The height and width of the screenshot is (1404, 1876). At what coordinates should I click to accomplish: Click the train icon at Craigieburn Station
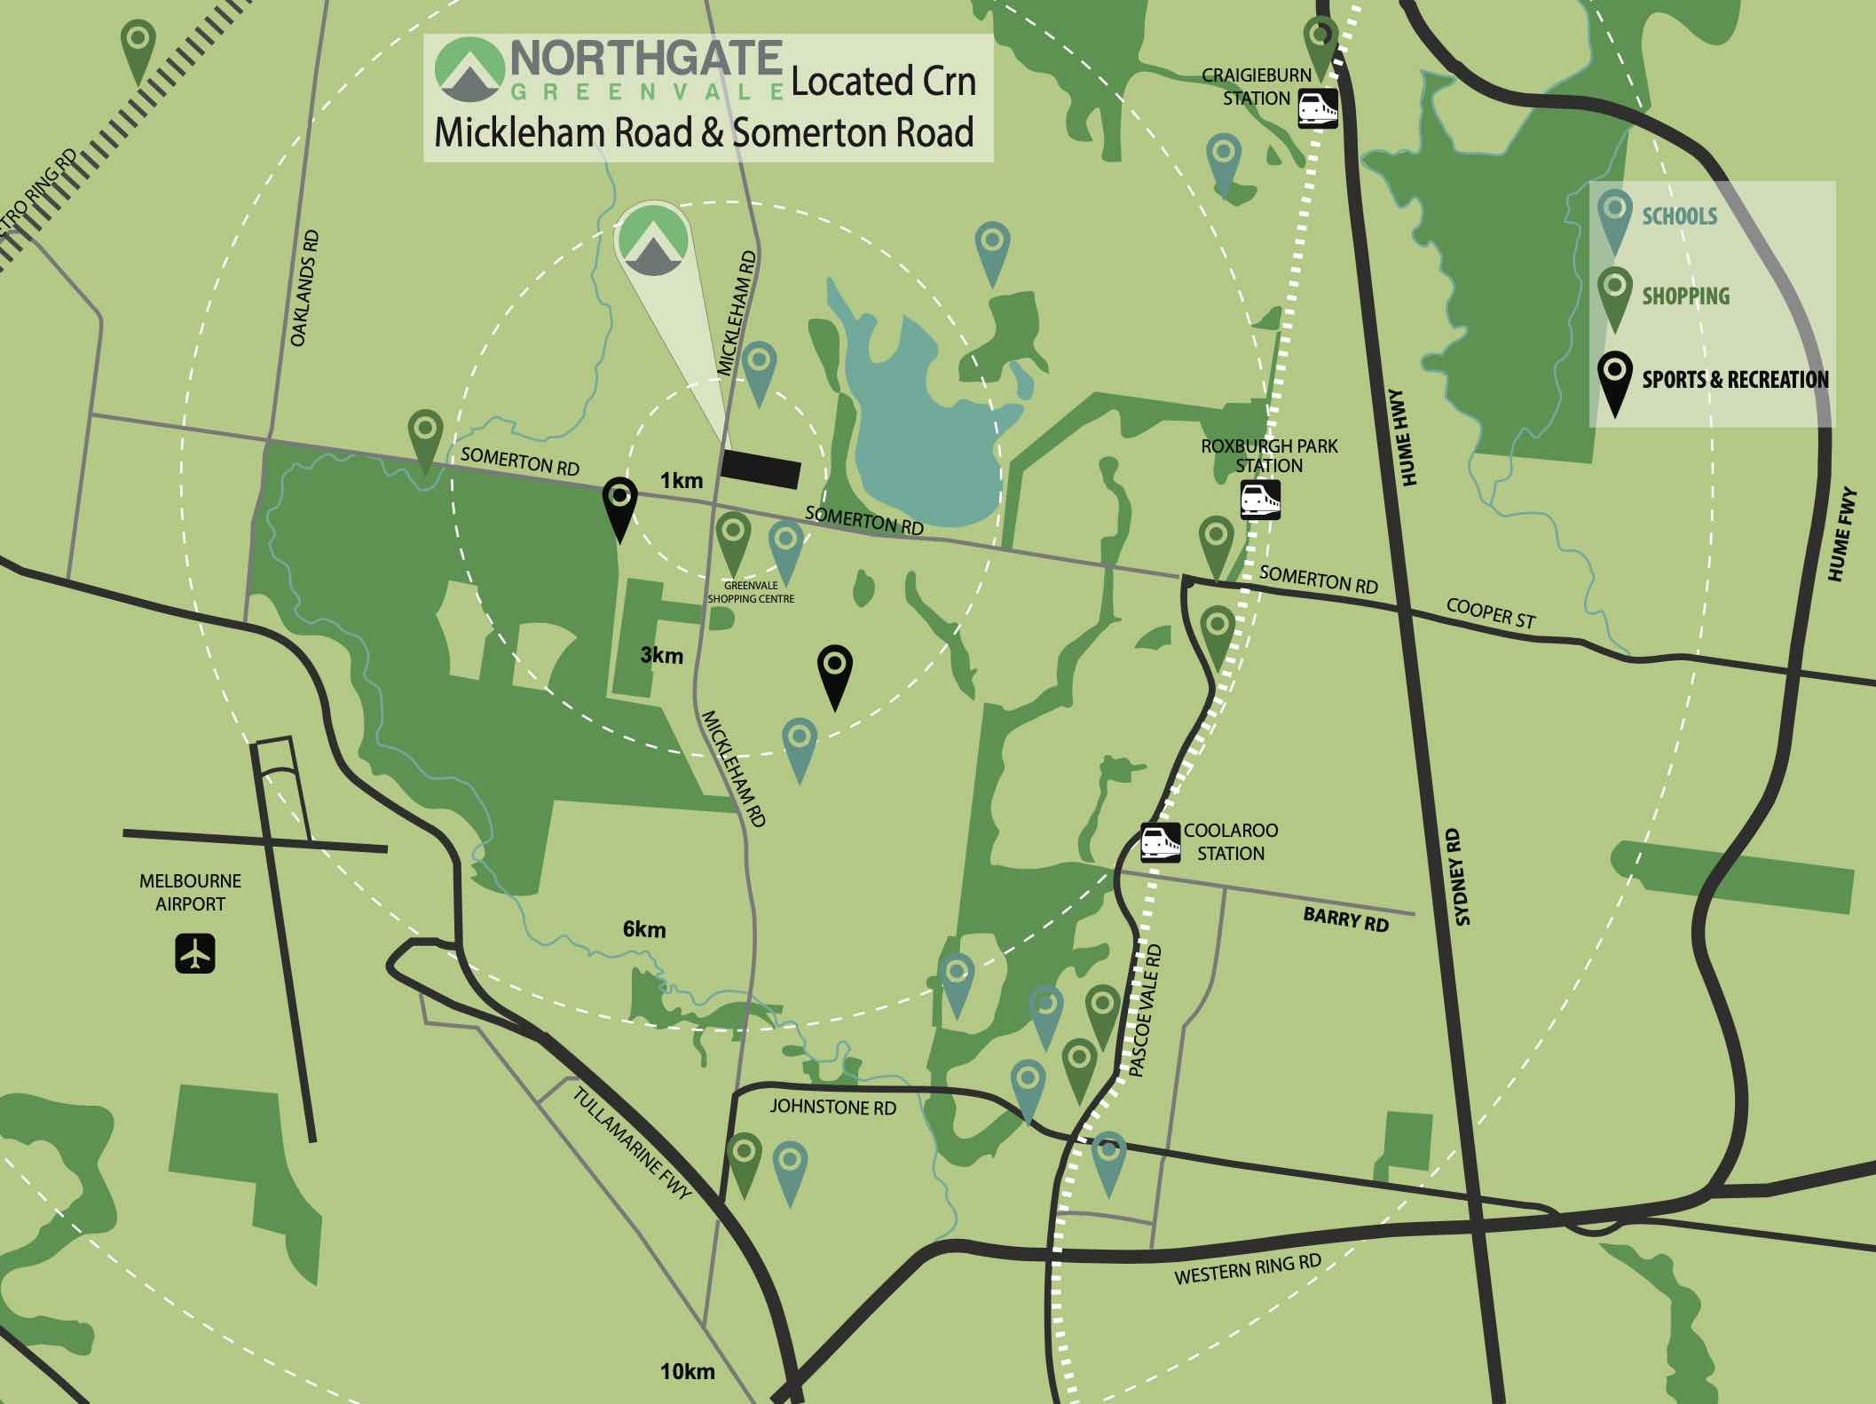pyautogui.click(x=1318, y=108)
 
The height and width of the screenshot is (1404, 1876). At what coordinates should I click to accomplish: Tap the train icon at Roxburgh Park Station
pyautogui.click(x=1260, y=500)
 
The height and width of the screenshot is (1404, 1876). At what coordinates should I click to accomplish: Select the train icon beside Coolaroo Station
pyautogui.click(x=1161, y=843)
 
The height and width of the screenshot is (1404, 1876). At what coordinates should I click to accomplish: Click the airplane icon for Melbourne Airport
pyautogui.click(x=195, y=953)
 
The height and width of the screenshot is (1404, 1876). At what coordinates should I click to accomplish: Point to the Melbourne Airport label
pyautogui.click(x=190, y=893)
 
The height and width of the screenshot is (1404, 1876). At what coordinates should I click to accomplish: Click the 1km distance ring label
pyautogui.click(x=681, y=481)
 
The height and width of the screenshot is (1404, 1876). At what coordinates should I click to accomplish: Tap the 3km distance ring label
pyautogui.click(x=662, y=656)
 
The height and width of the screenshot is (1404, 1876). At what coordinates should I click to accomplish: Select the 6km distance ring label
pyautogui.click(x=644, y=930)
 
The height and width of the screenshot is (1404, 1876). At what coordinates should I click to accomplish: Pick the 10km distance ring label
pyautogui.click(x=687, y=1371)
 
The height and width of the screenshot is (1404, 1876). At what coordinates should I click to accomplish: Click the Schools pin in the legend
pyautogui.click(x=1614, y=223)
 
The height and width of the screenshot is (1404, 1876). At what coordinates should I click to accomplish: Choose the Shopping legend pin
pyautogui.click(x=1614, y=300)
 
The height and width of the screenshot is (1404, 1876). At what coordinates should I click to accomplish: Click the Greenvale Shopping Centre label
pyautogui.click(x=751, y=592)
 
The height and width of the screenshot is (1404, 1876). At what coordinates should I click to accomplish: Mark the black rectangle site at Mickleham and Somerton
pyautogui.click(x=761, y=469)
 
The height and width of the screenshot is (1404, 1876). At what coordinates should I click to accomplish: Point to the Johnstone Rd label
pyautogui.click(x=832, y=1107)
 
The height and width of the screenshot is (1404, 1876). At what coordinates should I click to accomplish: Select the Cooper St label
pyautogui.click(x=1490, y=613)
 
